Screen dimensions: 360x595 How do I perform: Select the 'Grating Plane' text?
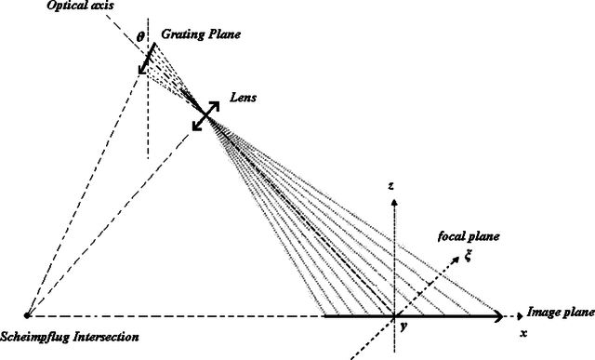[201, 34]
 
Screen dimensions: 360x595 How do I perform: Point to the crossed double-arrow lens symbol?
[208, 116]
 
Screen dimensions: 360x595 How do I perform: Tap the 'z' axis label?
[393, 186]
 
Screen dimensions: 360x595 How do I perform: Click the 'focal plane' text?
[469, 237]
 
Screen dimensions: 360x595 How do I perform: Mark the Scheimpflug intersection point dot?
[27, 316]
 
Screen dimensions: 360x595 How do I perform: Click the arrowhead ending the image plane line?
[500, 316]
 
